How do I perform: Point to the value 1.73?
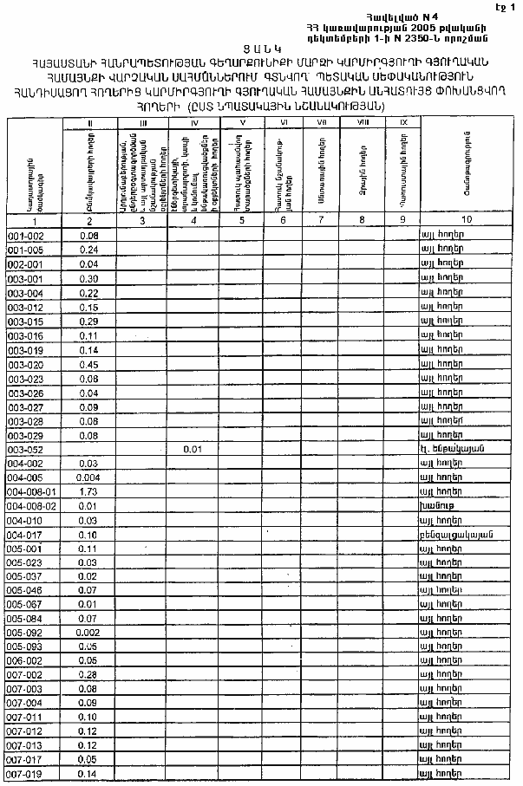click(x=89, y=491)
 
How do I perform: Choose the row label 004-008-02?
click(x=31, y=505)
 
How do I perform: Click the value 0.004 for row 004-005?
click(x=89, y=477)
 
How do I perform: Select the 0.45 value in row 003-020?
click(x=89, y=364)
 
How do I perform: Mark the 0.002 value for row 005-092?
click(x=89, y=633)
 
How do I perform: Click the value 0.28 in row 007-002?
click(x=89, y=674)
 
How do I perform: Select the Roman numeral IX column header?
click(x=402, y=124)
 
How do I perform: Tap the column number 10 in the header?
click(x=467, y=220)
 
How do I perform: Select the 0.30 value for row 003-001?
click(x=89, y=278)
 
